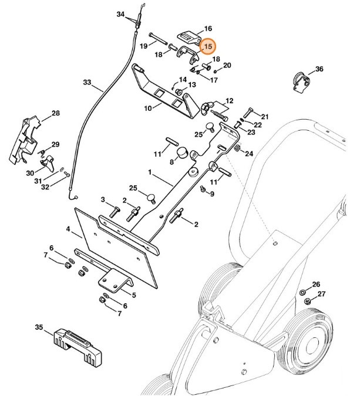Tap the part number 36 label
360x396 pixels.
(x=319, y=69)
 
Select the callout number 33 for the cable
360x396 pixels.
(x=87, y=83)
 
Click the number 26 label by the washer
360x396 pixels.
(x=315, y=283)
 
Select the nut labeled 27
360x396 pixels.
(x=306, y=302)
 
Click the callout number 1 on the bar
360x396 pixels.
(x=150, y=174)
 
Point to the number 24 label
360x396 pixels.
(x=249, y=154)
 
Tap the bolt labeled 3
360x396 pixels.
(x=115, y=211)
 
